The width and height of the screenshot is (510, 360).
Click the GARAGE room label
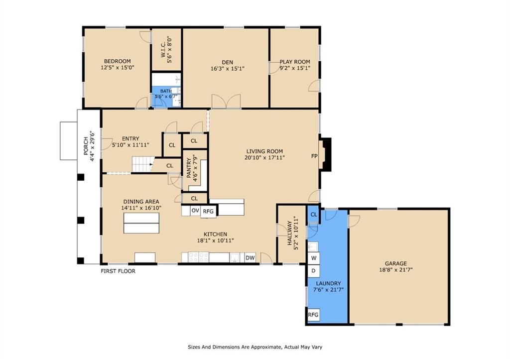tap(396, 263)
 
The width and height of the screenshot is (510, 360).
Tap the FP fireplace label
tap(314, 156)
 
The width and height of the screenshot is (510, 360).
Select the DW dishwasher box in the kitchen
tap(250, 258)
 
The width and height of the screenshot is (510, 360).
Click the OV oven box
tap(195, 211)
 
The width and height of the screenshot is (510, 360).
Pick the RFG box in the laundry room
tap(313, 315)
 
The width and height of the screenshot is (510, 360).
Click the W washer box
tap(314, 258)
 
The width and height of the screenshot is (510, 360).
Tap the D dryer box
tap(314, 270)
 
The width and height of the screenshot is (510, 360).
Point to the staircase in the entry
tap(142, 164)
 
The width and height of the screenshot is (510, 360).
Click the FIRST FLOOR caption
tap(118, 271)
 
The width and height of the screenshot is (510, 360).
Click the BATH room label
tap(166, 91)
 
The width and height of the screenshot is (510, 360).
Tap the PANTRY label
tap(189, 168)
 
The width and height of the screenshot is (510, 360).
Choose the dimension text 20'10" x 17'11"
tap(265, 158)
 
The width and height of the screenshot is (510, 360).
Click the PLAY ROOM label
tap(295, 61)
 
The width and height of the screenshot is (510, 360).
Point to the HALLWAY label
tap(289, 233)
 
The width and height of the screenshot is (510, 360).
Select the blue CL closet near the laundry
tap(314, 214)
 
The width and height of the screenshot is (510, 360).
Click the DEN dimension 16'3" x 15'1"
tap(227, 69)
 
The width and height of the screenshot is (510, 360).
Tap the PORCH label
tap(86, 146)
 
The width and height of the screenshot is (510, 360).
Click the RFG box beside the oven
tap(208, 212)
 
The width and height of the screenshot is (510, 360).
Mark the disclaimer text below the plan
tap(255, 347)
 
